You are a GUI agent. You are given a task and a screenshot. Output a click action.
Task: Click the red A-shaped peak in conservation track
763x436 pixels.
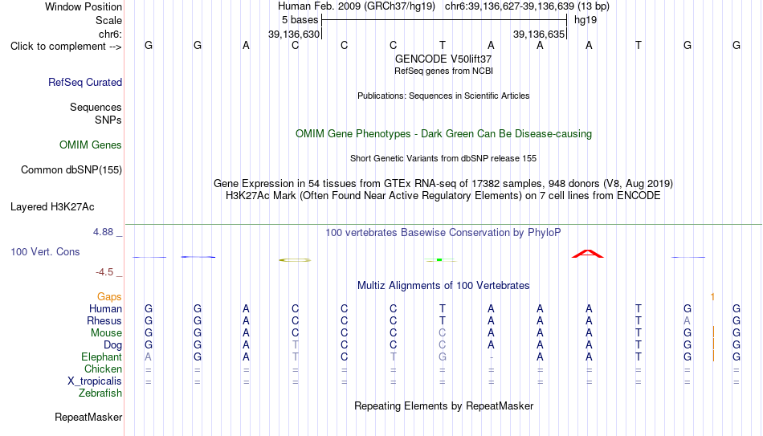pyautogui.click(x=588, y=254)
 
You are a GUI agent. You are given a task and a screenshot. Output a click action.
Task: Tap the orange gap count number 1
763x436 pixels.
pyautogui.click(x=712, y=297)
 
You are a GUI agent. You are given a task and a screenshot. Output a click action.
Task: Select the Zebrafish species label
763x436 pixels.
pyautogui.click(x=100, y=393)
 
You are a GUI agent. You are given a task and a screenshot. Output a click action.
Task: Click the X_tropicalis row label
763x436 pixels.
pyautogui.click(x=95, y=381)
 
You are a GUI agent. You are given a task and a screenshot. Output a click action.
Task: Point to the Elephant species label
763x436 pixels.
pyautogui.click(x=102, y=357)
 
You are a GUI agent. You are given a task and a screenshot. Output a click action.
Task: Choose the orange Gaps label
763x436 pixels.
pyautogui.click(x=109, y=297)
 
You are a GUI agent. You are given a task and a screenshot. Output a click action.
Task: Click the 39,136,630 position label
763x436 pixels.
pyautogui.click(x=294, y=34)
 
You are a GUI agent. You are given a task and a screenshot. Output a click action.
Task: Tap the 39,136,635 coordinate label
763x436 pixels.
pyautogui.click(x=539, y=34)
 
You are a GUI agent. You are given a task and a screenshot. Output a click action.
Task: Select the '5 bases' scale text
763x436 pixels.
pyautogui.click(x=300, y=20)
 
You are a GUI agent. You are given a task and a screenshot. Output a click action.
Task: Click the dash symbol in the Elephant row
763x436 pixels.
pyautogui.click(x=492, y=357)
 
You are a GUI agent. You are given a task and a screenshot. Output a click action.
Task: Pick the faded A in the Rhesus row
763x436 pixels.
pyautogui.click(x=687, y=320)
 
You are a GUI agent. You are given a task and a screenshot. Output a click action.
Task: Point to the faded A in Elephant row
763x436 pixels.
pyautogui.click(x=149, y=357)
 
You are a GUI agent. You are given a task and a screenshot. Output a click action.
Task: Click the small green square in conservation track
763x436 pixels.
pyautogui.click(x=439, y=260)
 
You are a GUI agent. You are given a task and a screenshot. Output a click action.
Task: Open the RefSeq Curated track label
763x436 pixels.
pyautogui.click(x=85, y=82)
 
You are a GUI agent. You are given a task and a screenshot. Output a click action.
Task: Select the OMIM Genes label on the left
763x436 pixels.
pyautogui.click(x=91, y=145)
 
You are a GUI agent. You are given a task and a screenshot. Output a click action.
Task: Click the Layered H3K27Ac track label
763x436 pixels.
pyautogui.click(x=52, y=207)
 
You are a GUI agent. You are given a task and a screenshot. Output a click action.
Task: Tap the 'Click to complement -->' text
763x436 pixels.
pyautogui.click(x=66, y=47)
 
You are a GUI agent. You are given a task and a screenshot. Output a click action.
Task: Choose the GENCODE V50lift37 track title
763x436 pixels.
pyautogui.click(x=443, y=59)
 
